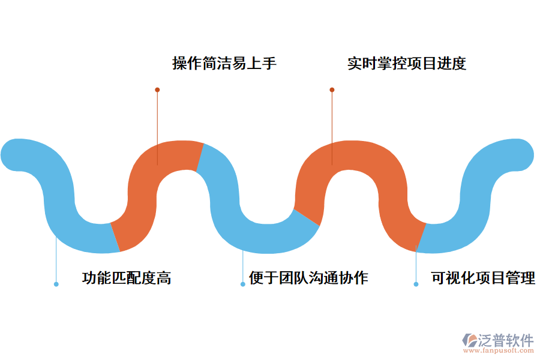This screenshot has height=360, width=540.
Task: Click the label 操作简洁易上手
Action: click(224, 63)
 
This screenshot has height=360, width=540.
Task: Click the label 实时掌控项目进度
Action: click(407, 63)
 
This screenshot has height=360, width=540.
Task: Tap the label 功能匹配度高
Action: click(127, 278)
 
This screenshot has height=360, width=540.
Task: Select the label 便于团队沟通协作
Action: click(308, 278)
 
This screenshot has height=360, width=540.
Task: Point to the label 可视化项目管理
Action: click(483, 278)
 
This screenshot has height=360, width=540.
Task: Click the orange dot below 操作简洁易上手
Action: click(157, 90)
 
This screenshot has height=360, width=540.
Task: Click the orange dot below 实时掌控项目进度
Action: click(332, 90)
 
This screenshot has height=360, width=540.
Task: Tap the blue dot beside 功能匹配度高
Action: click(56, 284)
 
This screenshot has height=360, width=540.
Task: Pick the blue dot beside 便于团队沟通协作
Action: click(243, 284)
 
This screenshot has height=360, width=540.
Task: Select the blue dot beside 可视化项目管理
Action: click(416, 284)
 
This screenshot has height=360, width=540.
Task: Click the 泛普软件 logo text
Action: click(505, 340)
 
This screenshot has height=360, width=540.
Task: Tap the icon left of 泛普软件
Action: click(469, 341)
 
